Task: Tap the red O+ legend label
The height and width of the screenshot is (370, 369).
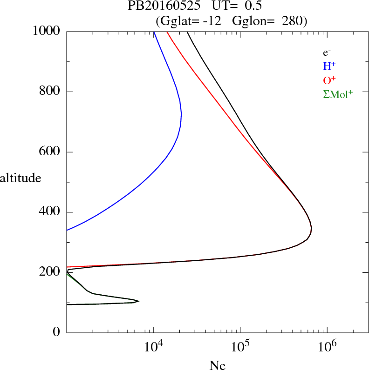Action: [x=330, y=80]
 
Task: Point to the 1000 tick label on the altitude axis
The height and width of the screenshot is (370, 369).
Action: [x=47, y=31]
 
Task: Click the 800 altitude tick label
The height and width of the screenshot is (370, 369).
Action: [x=50, y=92]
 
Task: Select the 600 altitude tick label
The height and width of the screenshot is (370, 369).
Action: [x=50, y=152]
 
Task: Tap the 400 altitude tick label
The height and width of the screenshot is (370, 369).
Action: [x=50, y=212]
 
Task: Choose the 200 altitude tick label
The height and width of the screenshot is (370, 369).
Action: [x=50, y=272]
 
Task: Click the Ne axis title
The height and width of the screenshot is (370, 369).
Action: [x=218, y=365]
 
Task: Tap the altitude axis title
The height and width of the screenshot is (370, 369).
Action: [x=20, y=178]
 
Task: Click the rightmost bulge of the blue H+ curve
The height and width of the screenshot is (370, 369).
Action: [x=181, y=114]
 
